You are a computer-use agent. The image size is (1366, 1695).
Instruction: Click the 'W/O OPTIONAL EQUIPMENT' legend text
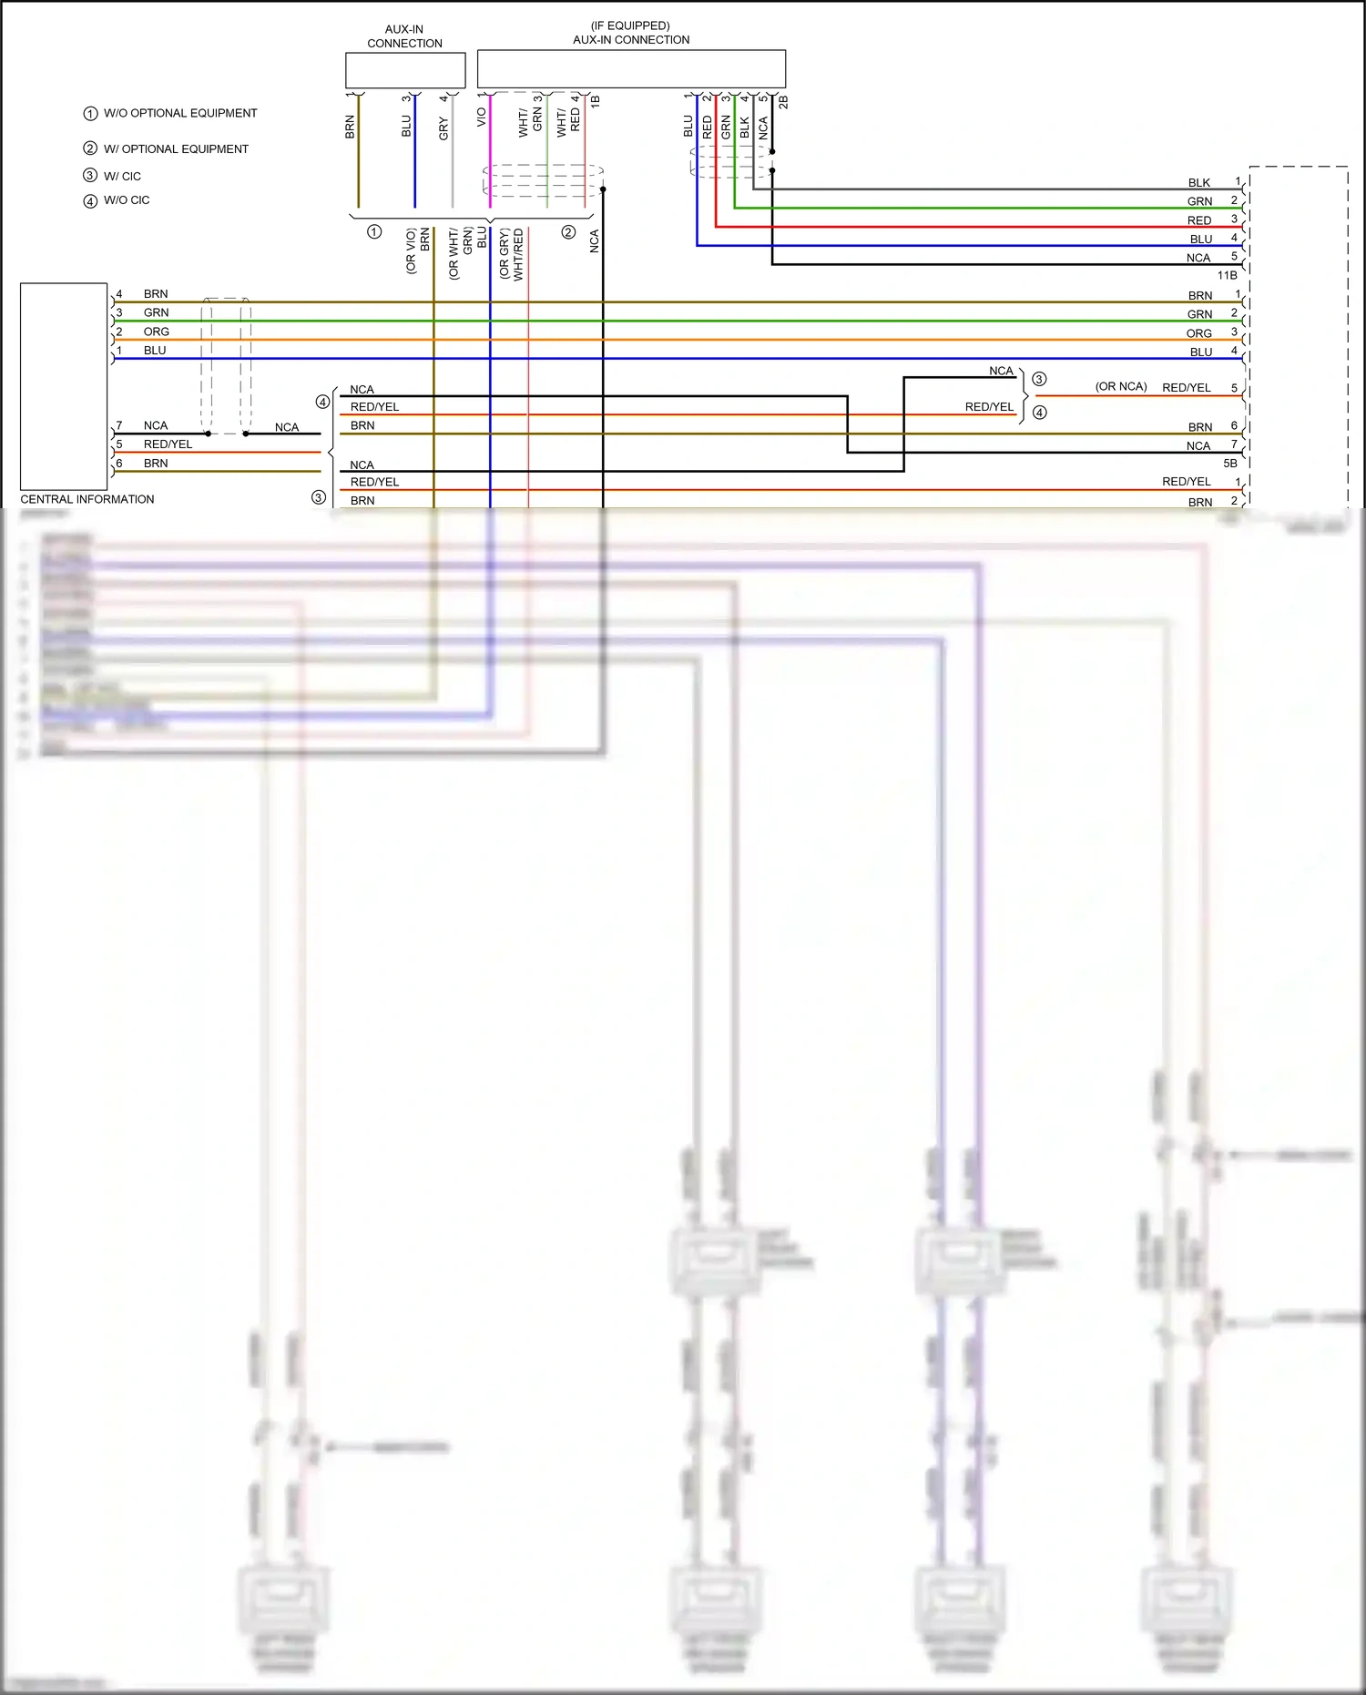(x=180, y=113)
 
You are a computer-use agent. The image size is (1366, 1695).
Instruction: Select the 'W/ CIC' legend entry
(x=122, y=176)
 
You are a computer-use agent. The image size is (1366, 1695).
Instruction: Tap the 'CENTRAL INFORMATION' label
(x=87, y=499)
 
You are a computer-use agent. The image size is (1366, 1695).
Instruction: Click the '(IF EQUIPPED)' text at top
(x=630, y=26)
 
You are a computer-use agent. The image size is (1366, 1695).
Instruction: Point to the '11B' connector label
(x=1227, y=275)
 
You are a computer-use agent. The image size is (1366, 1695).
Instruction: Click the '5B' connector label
(x=1229, y=464)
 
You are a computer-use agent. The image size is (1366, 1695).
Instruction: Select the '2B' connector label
(x=783, y=102)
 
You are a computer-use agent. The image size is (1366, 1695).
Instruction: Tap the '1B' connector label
(x=596, y=102)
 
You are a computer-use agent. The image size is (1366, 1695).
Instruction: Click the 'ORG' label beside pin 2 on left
(x=156, y=332)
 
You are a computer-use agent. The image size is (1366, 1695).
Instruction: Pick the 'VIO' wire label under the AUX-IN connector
(x=482, y=117)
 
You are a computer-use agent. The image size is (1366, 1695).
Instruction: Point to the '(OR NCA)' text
(x=1120, y=386)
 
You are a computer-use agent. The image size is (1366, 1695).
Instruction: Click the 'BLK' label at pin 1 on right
(x=1198, y=183)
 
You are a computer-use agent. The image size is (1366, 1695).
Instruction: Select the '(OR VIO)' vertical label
(x=411, y=250)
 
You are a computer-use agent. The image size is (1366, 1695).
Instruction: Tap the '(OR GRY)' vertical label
(x=504, y=254)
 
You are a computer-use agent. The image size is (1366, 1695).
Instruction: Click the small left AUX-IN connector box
(x=405, y=70)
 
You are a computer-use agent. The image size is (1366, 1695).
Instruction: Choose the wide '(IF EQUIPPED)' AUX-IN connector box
(x=631, y=68)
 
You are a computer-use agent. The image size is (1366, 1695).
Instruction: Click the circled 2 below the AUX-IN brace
(x=568, y=232)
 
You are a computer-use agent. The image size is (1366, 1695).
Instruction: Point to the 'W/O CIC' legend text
(x=127, y=200)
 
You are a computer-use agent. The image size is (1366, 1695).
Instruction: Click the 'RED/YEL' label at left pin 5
(x=168, y=444)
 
